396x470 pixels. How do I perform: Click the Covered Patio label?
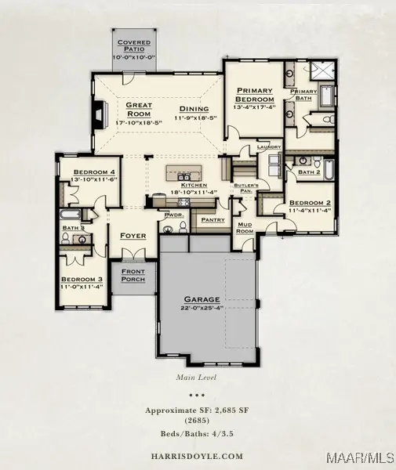coord(133,45)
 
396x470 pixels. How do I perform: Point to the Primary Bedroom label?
coord(254,95)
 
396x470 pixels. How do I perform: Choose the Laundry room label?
coord(268,146)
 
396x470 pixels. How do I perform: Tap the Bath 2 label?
coord(308,172)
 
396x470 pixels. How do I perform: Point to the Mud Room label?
coord(245,227)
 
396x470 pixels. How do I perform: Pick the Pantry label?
coord(213,220)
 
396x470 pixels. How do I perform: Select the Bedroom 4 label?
coord(94,172)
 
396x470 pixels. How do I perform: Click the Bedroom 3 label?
coord(82,280)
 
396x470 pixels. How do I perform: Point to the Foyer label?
coord(133,235)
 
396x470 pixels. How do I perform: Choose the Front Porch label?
coord(133,275)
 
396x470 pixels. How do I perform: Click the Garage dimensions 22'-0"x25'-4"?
coord(202,309)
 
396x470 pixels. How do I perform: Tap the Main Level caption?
coord(198,377)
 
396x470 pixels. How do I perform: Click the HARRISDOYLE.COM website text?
coord(198,456)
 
